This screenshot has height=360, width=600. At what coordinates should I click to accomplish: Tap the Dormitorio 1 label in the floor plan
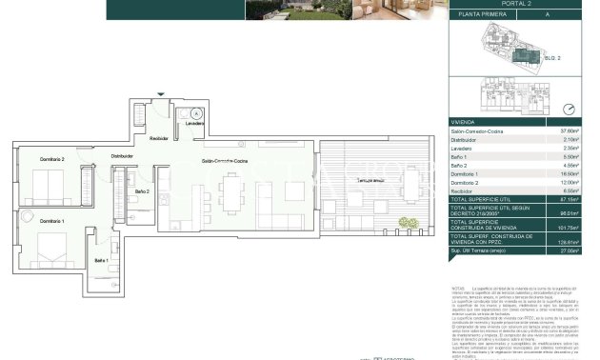(52, 220)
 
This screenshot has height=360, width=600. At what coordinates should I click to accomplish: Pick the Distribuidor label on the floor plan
(122, 155)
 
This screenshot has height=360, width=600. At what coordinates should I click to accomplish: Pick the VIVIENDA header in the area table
(463, 122)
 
